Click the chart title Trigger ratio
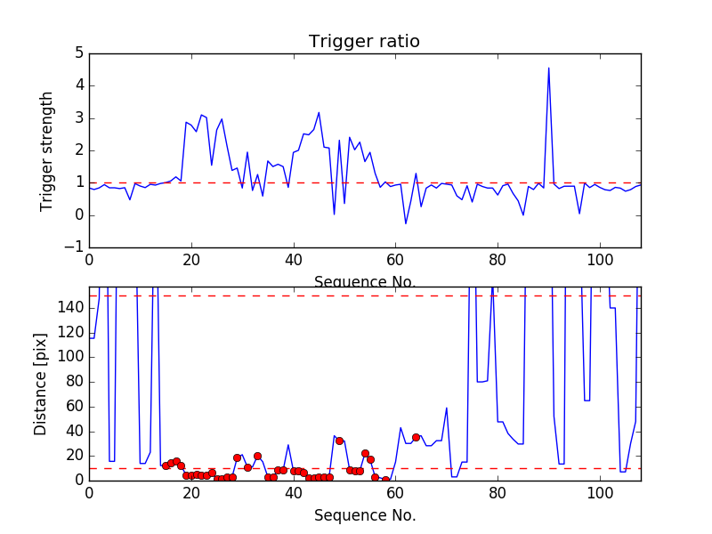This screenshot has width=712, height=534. pyautogui.click(x=364, y=42)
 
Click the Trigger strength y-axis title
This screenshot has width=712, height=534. pyautogui.click(x=47, y=150)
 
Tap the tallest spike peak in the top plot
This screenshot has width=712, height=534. pyautogui.click(x=548, y=68)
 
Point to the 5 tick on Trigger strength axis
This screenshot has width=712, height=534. pyautogui.click(x=79, y=53)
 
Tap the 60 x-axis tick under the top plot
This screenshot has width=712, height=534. pyautogui.click(x=395, y=260)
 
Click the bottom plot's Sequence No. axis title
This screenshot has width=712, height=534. pyautogui.click(x=364, y=515)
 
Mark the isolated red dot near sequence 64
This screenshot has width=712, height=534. pyautogui.click(x=416, y=437)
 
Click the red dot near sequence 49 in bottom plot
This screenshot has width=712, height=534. pyautogui.click(x=339, y=441)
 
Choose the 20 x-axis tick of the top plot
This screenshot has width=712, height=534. pyautogui.click(x=191, y=260)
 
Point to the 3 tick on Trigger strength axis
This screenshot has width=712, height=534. pyautogui.click(x=79, y=118)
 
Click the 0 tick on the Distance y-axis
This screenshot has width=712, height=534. pyautogui.click(x=79, y=480)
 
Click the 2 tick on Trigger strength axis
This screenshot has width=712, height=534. pyautogui.click(x=79, y=150)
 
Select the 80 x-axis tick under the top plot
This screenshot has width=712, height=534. pyautogui.click(x=498, y=260)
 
